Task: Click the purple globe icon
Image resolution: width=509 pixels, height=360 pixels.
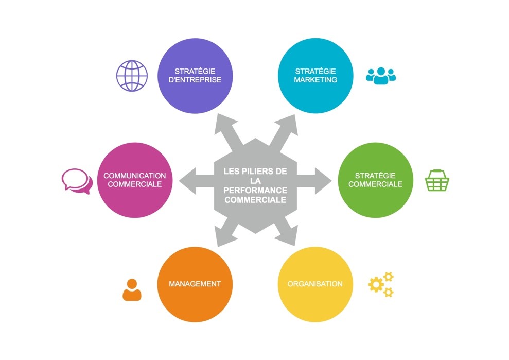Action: click(132, 76)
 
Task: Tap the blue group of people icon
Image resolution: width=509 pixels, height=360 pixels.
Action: click(381, 76)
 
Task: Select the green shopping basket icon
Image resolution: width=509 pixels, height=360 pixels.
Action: click(437, 181)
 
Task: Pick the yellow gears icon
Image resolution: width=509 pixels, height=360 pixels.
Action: click(381, 284)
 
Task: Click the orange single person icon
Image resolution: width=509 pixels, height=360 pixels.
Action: click(132, 289)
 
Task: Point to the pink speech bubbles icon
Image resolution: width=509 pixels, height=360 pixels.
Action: click(77, 181)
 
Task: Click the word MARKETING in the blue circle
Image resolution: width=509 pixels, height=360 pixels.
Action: click(315, 80)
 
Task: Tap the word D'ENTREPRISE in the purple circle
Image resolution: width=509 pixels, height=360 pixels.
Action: click(195, 80)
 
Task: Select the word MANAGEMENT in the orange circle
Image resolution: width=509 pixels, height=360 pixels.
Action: click(195, 284)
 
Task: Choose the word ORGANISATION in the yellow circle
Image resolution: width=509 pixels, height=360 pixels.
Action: click(315, 284)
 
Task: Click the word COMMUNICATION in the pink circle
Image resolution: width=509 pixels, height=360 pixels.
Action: click(135, 176)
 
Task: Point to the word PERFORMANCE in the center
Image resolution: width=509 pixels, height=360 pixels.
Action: click(255, 191)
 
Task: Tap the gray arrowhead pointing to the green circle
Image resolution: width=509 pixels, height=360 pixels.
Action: click(323, 181)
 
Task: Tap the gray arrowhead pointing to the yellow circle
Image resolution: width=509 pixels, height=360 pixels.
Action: click(287, 237)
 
